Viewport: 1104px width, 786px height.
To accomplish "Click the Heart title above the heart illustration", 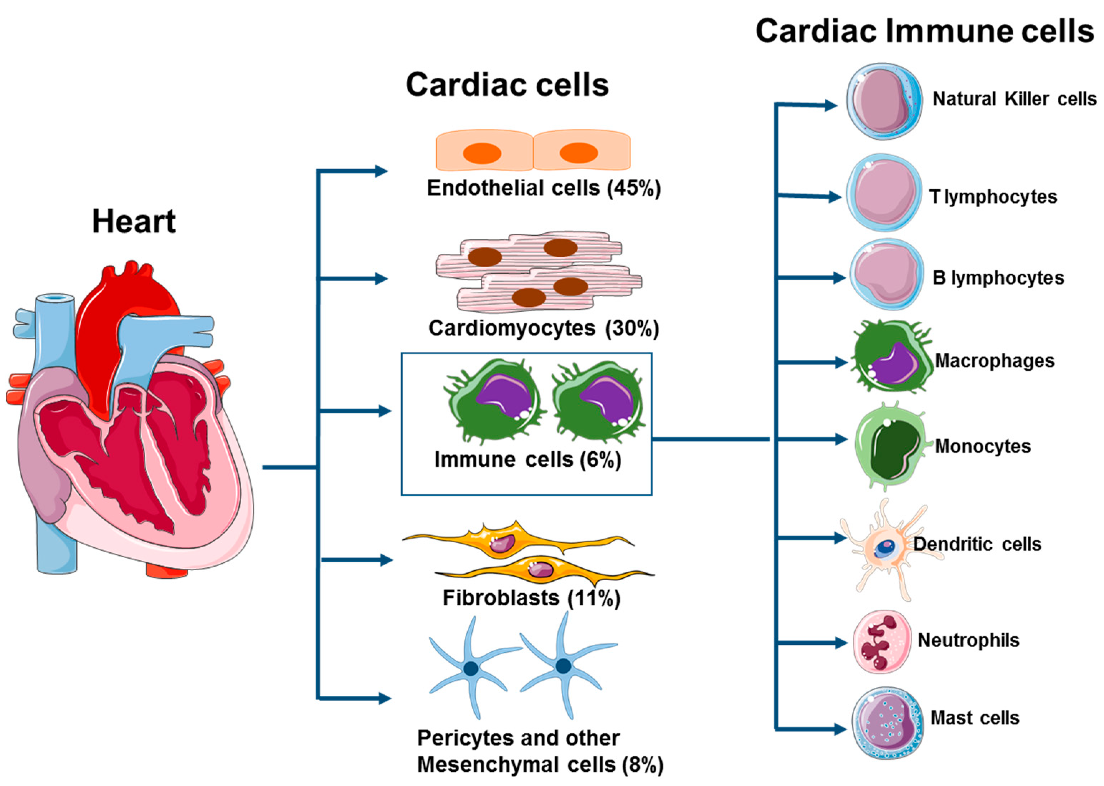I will click(x=134, y=221).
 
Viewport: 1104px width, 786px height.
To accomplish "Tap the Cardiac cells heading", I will click(x=507, y=85).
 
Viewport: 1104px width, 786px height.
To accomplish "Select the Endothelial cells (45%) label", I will click(x=543, y=188).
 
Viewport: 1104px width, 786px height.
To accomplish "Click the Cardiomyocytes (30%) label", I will click(x=543, y=328).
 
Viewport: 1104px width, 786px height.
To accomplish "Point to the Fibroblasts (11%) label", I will click(x=531, y=598).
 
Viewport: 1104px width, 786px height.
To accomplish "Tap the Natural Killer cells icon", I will click(x=884, y=101).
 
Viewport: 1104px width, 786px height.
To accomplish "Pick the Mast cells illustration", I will click(x=887, y=723).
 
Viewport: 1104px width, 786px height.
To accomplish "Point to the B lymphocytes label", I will click(x=998, y=278).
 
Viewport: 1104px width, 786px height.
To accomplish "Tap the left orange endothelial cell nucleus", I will click(x=482, y=153).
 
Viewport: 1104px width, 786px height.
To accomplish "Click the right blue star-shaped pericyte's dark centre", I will click(x=563, y=666).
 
